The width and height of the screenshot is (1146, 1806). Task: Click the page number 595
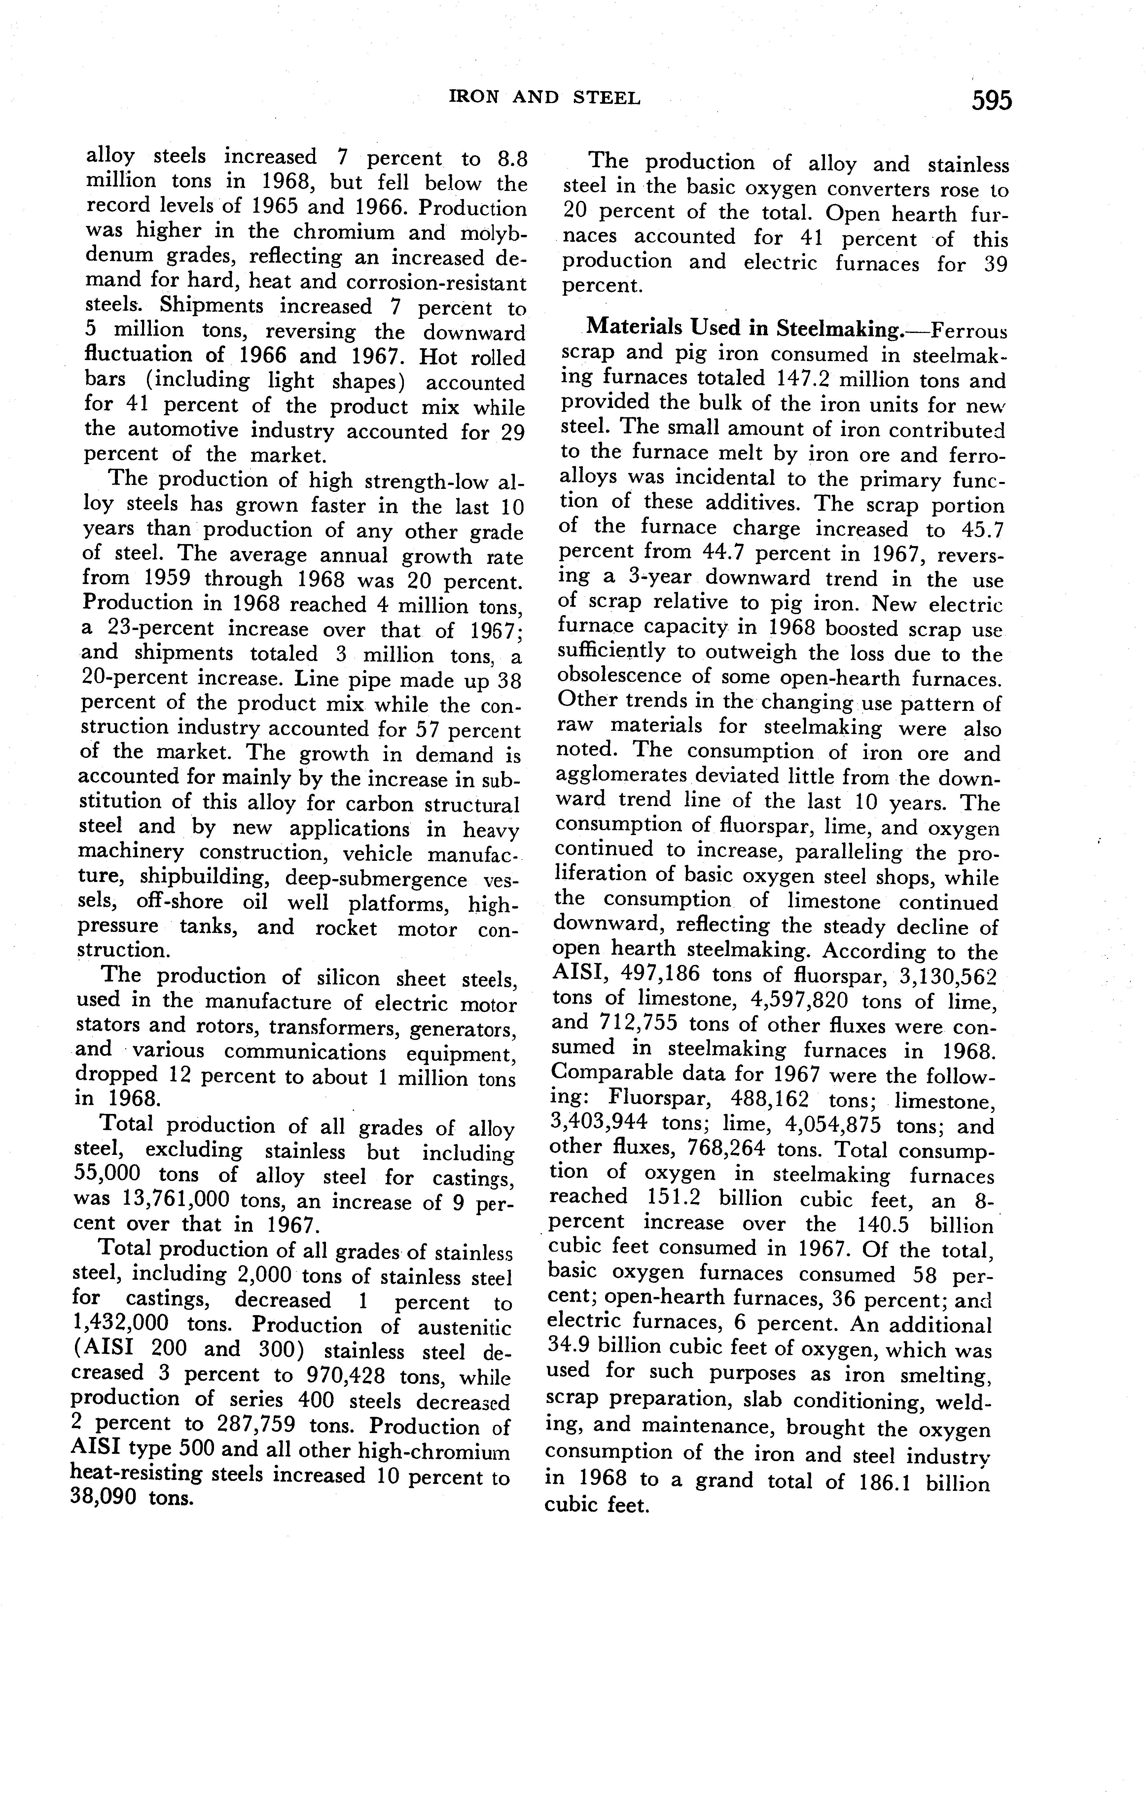point(991,100)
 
